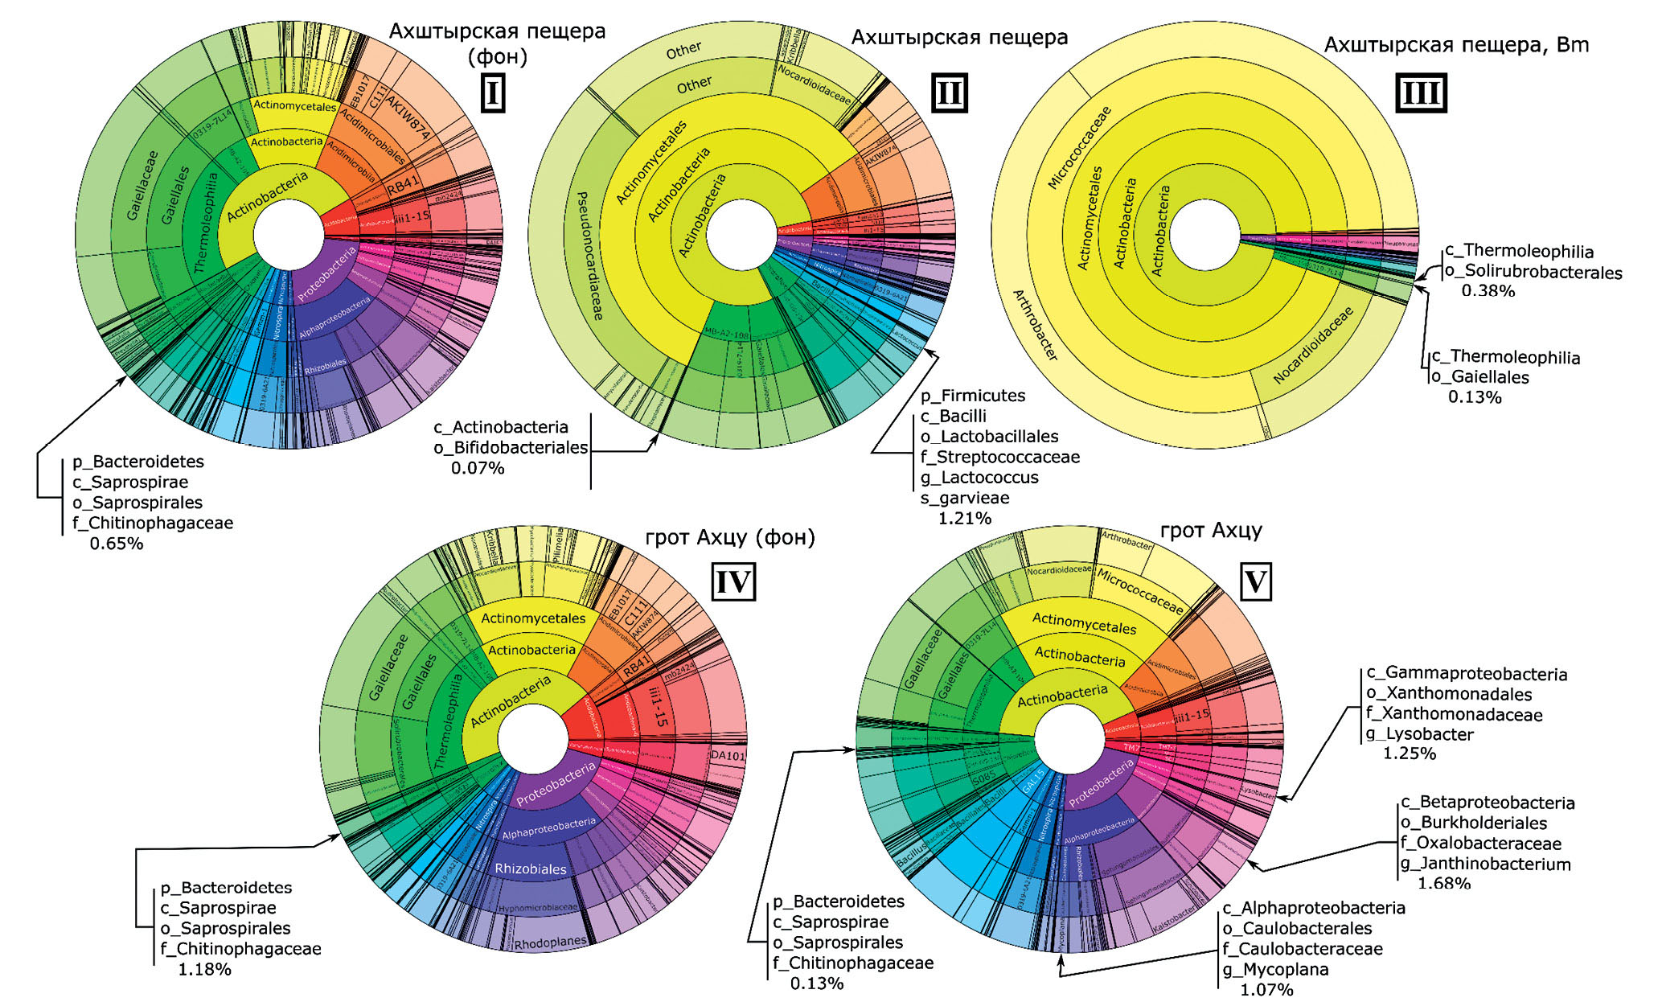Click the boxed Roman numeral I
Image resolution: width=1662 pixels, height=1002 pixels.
click(492, 93)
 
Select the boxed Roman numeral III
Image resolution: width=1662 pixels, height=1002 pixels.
click(1420, 93)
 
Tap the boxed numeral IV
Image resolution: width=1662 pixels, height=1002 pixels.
click(733, 581)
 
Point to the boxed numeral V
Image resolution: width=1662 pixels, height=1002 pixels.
click(1256, 581)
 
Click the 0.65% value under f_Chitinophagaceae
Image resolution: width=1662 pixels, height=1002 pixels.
click(117, 544)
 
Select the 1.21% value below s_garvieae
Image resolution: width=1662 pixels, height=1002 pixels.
click(965, 519)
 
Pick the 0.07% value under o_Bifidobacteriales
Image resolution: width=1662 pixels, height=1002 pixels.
click(478, 468)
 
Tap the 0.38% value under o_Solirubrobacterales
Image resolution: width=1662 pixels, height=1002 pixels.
click(1488, 291)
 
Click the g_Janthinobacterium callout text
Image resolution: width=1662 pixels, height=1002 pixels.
click(1485, 864)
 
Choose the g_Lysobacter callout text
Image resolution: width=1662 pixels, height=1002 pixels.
click(1419, 734)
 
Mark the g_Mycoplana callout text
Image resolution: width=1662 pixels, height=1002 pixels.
click(1275, 970)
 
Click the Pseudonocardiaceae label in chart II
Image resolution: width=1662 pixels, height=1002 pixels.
click(589, 256)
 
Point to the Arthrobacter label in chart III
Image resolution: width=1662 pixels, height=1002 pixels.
click(1034, 324)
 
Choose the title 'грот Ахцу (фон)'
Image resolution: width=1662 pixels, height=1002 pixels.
click(730, 537)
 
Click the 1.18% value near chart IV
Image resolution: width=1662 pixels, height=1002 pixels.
click(204, 970)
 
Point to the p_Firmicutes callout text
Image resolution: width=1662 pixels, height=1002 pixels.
click(973, 396)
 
